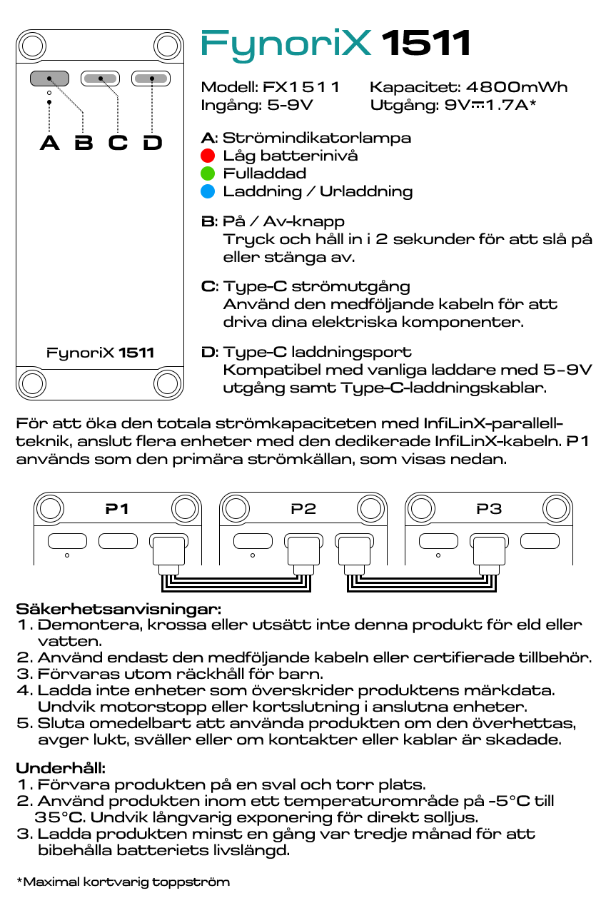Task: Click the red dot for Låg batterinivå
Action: point(208,156)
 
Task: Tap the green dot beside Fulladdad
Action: point(208,173)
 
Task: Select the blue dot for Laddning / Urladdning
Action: point(208,191)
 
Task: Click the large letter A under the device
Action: point(49,143)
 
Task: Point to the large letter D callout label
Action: point(152,143)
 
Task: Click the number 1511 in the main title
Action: point(426,44)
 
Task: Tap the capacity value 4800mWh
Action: point(517,88)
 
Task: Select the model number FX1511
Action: point(301,88)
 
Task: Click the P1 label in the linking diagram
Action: point(117,509)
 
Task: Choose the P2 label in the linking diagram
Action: point(303,509)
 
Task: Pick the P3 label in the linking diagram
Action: point(489,509)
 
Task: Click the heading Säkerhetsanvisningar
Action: point(118,610)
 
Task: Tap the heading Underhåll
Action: point(61,769)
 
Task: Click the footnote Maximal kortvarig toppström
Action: point(123,882)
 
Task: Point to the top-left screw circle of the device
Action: point(31,46)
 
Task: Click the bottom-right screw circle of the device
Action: point(168,383)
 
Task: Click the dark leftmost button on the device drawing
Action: point(49,79)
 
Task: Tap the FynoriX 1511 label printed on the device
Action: point(100,353)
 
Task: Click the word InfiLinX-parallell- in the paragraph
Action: point(493,424)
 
